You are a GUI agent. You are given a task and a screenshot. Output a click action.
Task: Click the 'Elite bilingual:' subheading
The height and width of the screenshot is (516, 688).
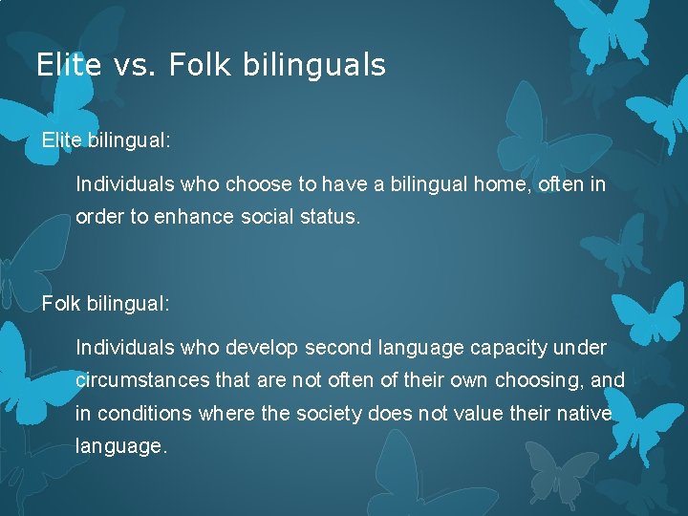(x=106, y=140)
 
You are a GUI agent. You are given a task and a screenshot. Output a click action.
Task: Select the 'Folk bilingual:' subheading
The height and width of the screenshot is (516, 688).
(x=105, y=304)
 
